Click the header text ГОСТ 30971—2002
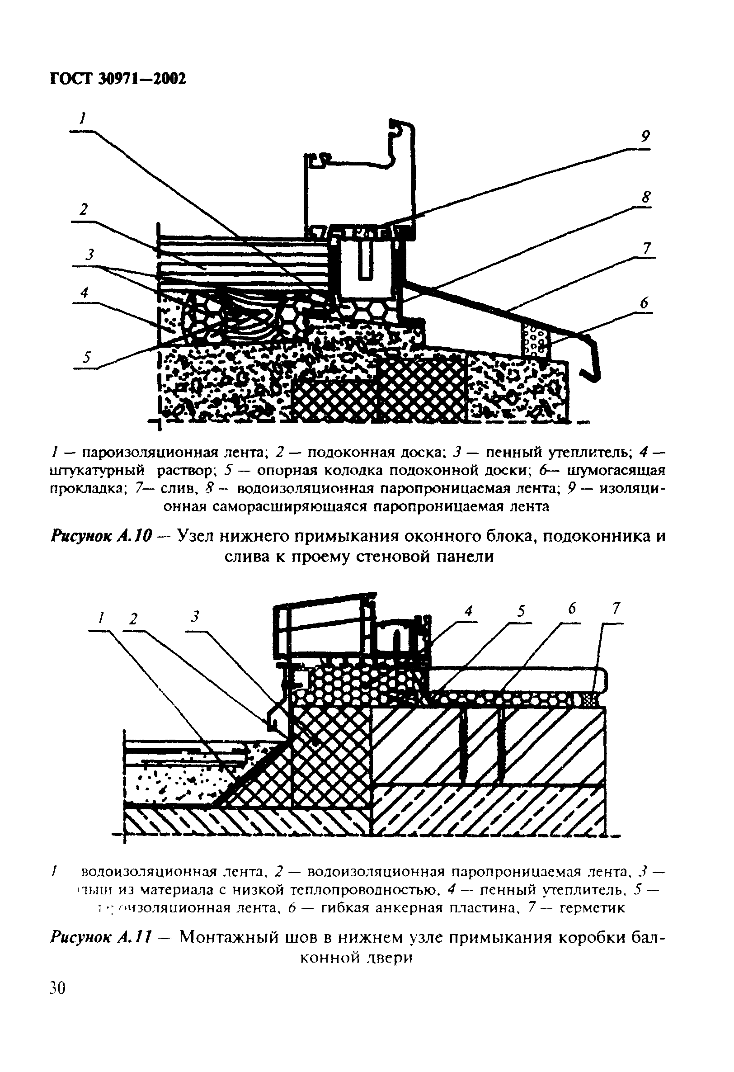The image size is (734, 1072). (x=117, y=79)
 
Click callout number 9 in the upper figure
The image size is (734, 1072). (x=645, y=137)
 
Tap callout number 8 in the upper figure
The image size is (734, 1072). (x=646, y=198)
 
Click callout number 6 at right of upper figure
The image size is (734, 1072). (x=644, y=303)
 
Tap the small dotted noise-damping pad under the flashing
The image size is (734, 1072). (x=535, y=340)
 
